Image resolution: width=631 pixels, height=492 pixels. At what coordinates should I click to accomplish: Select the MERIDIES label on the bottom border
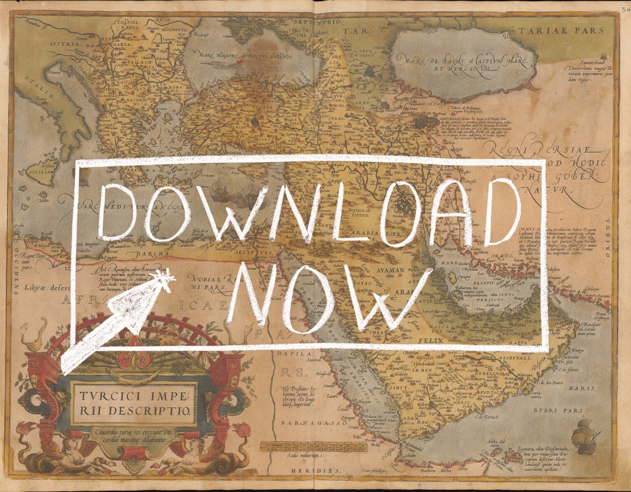point(319,470)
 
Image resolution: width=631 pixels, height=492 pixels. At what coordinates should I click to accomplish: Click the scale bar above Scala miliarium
point(313,447)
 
